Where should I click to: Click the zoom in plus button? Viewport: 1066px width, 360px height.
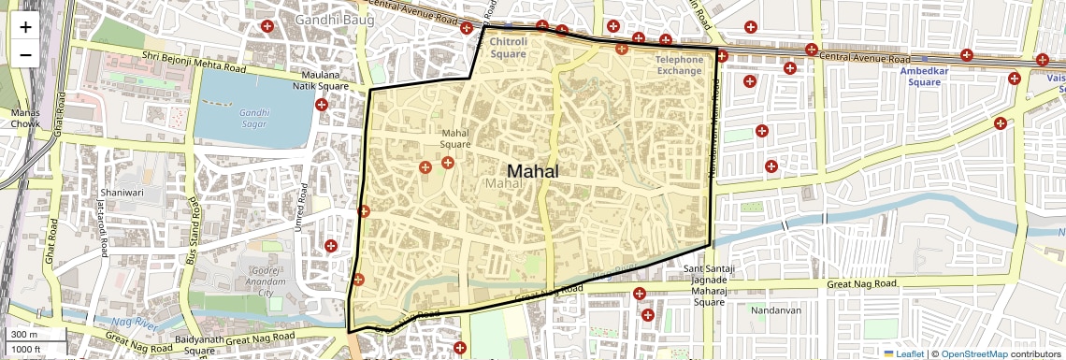(x=25, y=26)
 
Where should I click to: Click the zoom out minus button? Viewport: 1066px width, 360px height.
(x=25, y=54)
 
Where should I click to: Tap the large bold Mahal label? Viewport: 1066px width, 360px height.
(x=533, y=171)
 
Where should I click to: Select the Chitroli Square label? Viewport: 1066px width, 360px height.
(x=509, y=48)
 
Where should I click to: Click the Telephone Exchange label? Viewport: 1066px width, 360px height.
(x=679, y=65)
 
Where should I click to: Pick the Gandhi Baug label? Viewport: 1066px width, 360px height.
(x=334, y=19)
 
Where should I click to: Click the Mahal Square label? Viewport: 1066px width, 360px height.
(x=455, y=138)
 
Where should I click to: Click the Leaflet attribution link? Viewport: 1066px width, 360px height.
(x=904, y=353)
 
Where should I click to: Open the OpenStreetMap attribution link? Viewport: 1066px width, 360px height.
(x=973, y=353)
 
